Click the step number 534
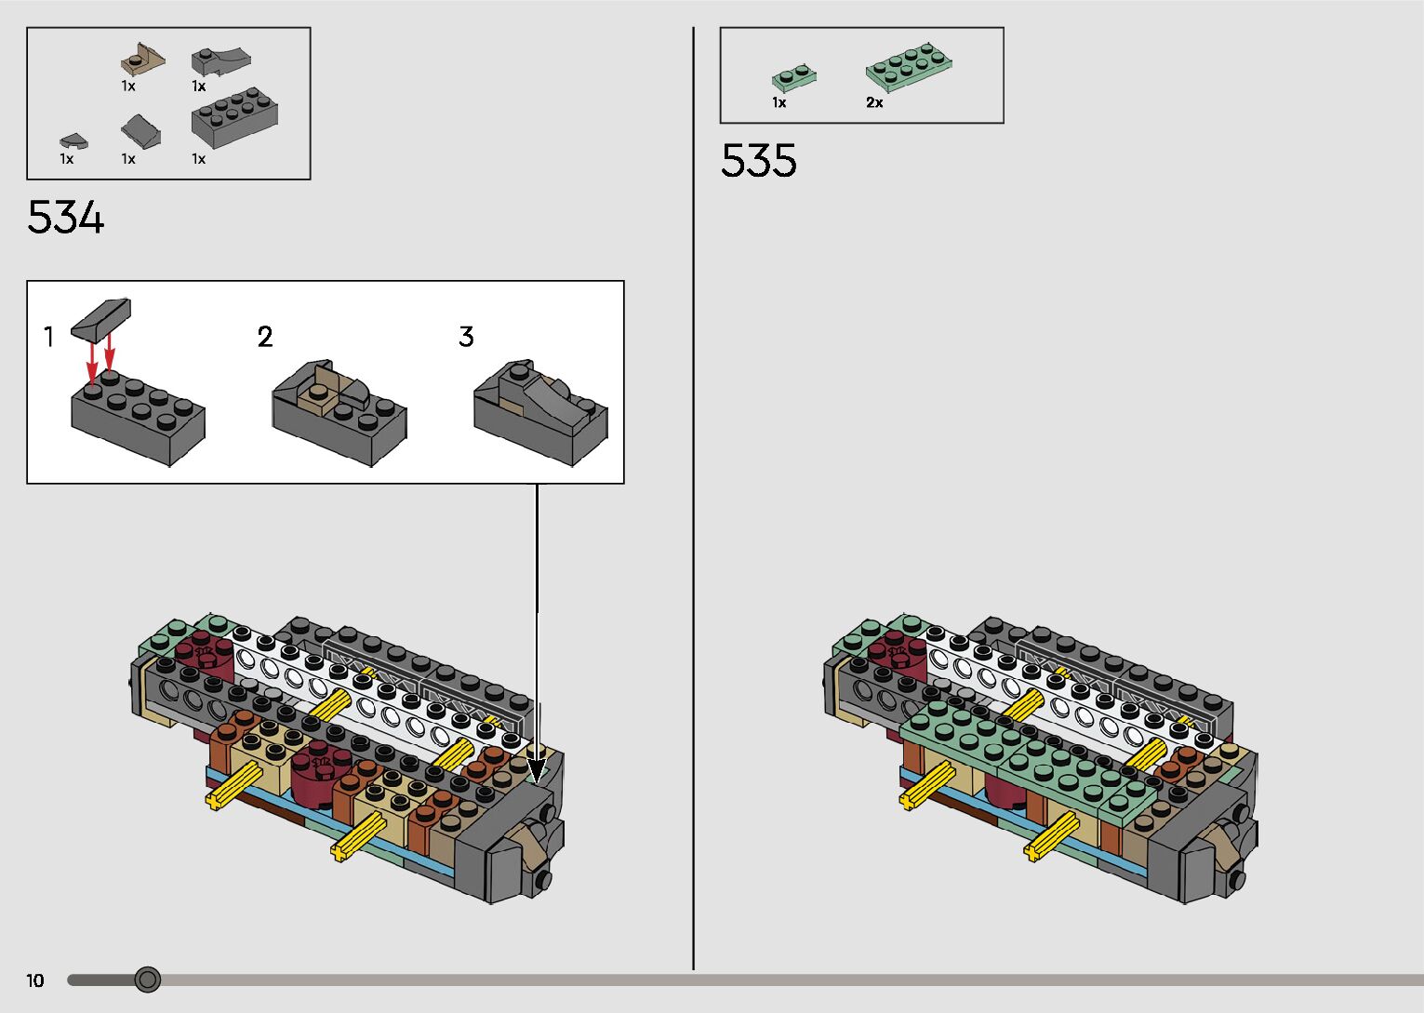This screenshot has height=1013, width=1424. tap(65, 218)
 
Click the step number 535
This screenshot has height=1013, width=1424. tap(758, 160)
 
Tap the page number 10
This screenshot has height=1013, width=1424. tap(35, 980)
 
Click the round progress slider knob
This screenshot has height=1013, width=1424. tap(148, 980)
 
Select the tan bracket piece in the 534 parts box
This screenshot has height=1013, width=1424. tap(142, 60)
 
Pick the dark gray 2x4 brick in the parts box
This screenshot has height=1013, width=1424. tap(234, 117)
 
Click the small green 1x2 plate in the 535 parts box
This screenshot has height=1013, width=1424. tap(794, 78)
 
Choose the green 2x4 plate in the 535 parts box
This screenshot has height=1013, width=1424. tap(909, 67)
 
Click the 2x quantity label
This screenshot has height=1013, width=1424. tap(874, 102)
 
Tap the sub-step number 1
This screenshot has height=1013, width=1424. tap(48, 337)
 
